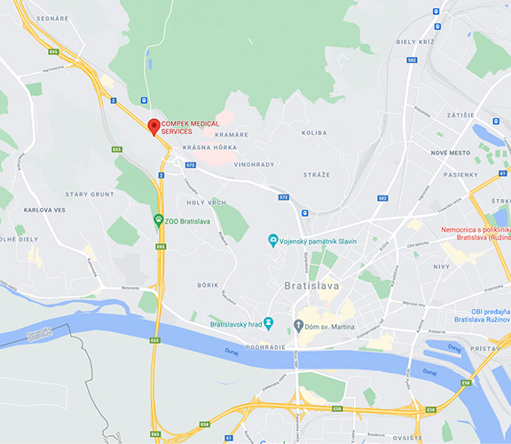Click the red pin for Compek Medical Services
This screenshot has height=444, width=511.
[153, 127]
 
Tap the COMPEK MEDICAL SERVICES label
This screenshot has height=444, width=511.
[190, 127]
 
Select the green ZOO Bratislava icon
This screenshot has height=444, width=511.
[158, 220]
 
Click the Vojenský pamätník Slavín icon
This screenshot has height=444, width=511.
[273, 241]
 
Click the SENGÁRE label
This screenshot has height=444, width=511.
[52, 18]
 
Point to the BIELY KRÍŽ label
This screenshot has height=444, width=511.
[414, 41]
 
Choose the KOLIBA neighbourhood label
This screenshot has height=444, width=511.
[314, 133]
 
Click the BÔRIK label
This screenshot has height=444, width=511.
[208, 284]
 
